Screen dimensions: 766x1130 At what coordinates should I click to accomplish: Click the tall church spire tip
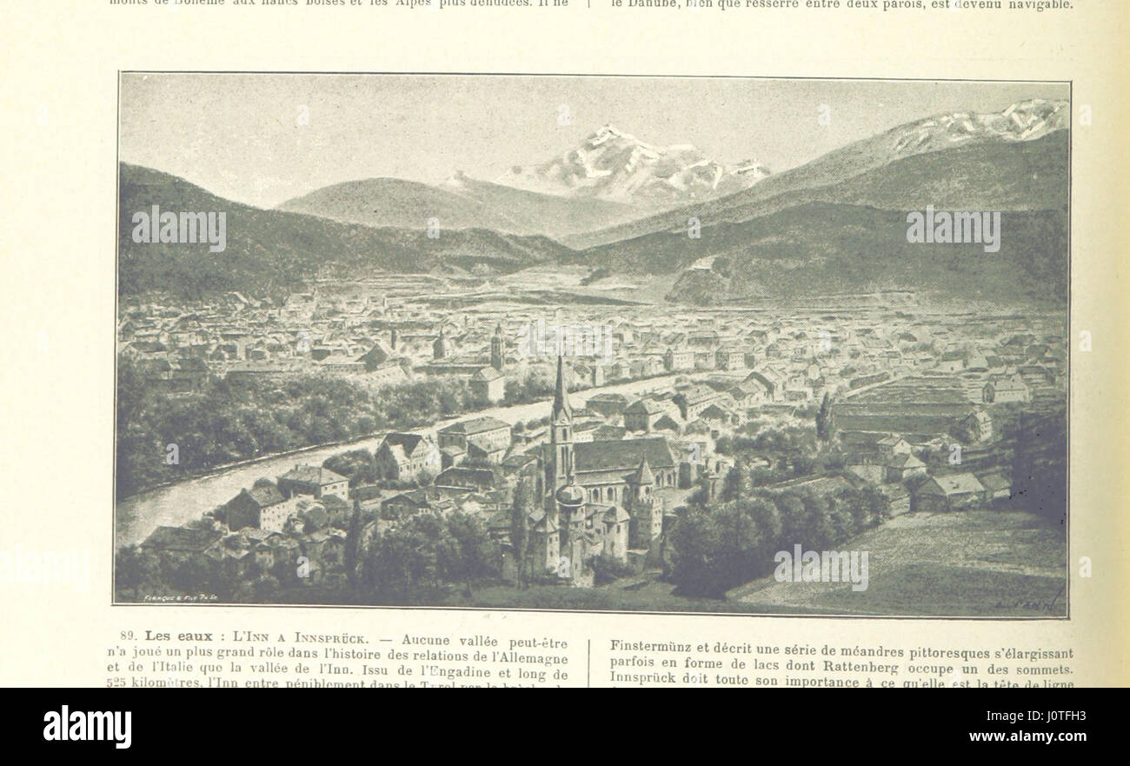560,358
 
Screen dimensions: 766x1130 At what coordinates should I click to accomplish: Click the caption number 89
129,636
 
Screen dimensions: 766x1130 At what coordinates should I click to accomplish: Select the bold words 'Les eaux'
178,636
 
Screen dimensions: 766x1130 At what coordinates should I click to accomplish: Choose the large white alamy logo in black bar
87,727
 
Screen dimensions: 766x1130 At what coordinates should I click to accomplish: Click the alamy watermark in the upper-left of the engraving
178,229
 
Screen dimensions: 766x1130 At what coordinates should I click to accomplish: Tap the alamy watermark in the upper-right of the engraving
953,229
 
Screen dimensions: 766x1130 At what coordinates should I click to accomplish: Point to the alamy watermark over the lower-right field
821,568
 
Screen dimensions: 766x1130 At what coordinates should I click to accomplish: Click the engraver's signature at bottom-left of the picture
178,599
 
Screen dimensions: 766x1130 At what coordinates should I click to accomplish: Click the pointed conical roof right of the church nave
641,472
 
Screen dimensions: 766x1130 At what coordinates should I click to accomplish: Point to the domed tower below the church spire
569,496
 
